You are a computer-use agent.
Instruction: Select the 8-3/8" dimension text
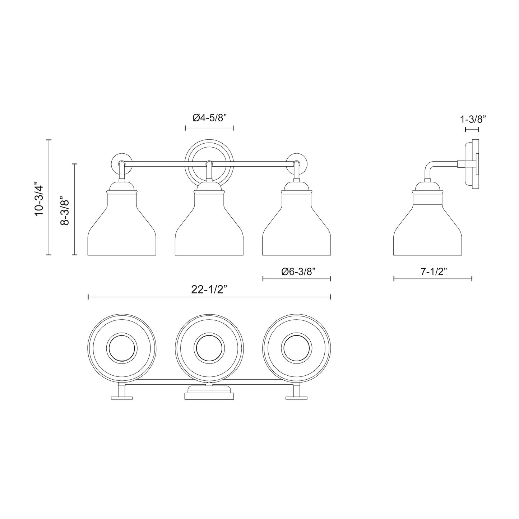tap(65, 211)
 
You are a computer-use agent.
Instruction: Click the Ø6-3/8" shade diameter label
tap(298, 272)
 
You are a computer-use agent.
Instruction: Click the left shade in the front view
tap(122, 230)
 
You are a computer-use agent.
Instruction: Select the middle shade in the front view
tap(209, 230)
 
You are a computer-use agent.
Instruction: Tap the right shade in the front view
tap(296, 230)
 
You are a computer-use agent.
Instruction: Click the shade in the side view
tap(427, 230)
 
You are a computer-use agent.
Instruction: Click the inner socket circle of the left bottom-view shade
tap(122, 348)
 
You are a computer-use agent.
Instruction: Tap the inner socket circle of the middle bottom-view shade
tap(209, 348)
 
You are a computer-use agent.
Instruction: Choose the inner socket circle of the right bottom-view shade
tap(296, 348)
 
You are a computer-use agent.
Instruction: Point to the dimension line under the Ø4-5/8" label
tap(209, 128)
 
